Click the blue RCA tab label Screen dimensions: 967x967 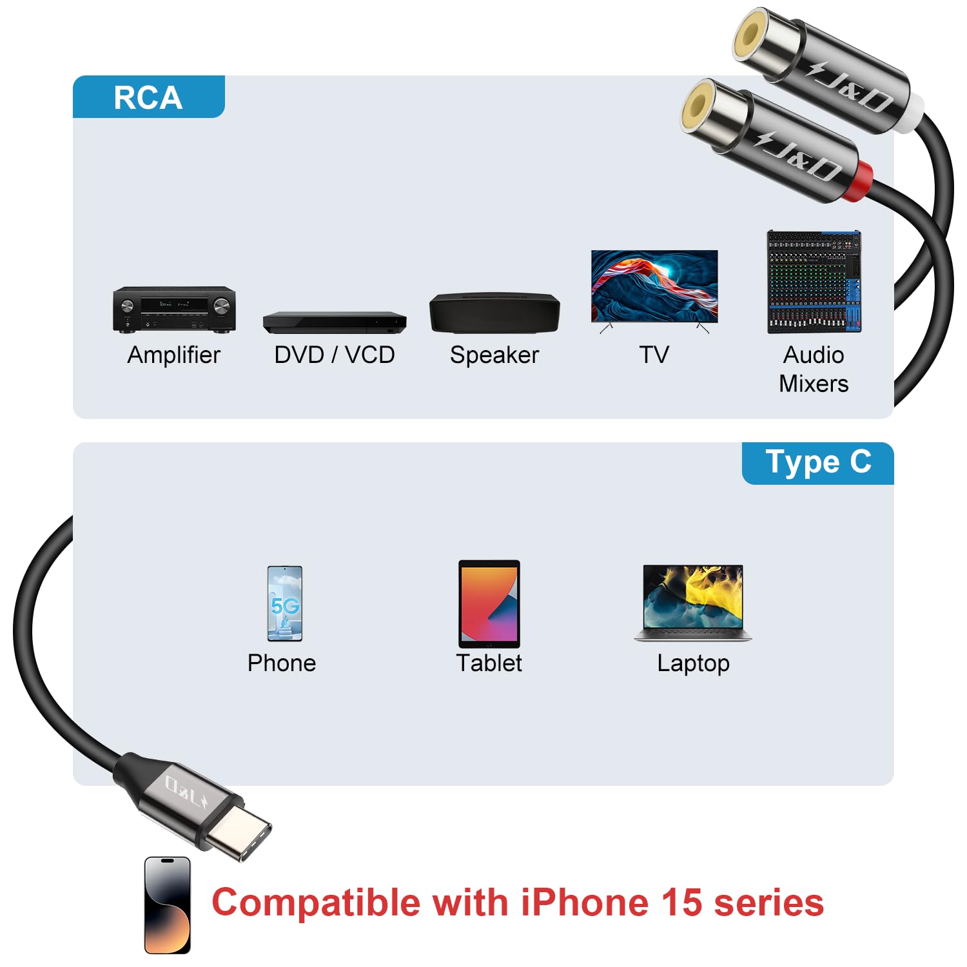point(148,97)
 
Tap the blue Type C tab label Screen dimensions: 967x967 point(817,462)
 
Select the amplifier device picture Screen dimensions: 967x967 point(174,309)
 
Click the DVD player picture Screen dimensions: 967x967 point(335,322)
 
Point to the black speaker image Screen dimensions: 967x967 point(494,313)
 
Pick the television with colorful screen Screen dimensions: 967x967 point(654,288)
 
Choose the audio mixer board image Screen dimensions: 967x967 point(814,282)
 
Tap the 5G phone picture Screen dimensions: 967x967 point(285,603)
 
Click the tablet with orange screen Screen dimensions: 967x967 point(489,604)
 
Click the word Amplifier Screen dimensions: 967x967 point(174,355)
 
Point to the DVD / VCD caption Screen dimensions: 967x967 point(335,355)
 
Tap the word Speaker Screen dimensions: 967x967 point(494,355)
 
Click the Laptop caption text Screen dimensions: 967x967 point(693,663)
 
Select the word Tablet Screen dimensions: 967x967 point(489,663)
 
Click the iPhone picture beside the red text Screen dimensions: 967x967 point(168,905)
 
